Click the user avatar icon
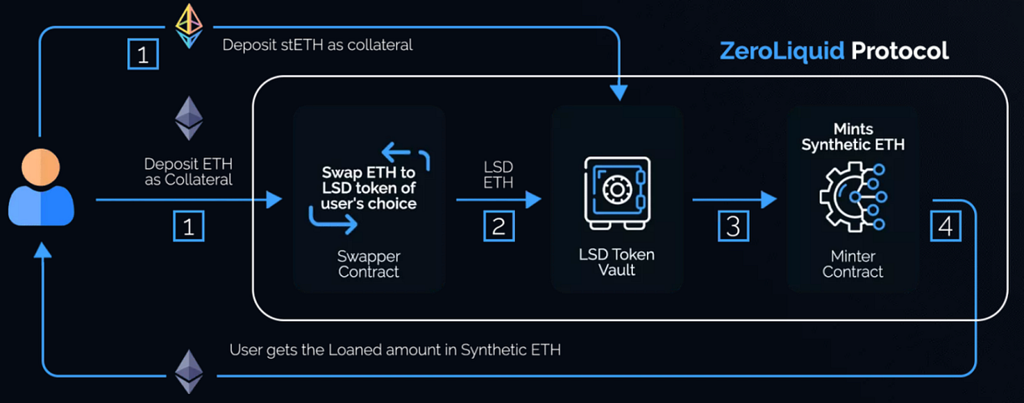click(x=41, y=189)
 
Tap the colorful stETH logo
click(x=188, y=24)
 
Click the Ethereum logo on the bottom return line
click(x=188, y=371)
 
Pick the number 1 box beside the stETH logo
click(x=141, y=55)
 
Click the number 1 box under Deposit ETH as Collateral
click(x=188, y=226)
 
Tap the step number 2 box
click(x=498, y=226)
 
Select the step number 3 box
click(x=733, y=226)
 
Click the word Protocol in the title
click(x=899, y=51)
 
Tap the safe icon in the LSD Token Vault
click(x=617, y=191)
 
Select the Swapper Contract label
click(x=369, y=263)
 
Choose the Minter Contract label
click(x=853, y=263)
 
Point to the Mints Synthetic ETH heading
click(x=853, y=136)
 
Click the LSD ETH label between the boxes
click(x=499, y=175)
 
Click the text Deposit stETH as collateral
click(x=318, y=45)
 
